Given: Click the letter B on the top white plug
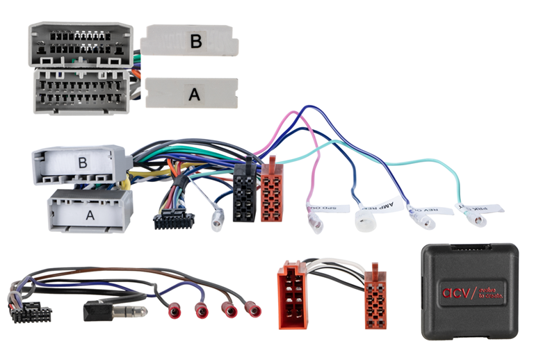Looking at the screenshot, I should (196, 42).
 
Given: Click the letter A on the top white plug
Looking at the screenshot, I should (195, 95).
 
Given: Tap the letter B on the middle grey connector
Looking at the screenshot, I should (83, 163).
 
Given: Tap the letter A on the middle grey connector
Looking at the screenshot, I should (89, 215).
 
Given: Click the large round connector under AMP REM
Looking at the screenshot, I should (365, 221).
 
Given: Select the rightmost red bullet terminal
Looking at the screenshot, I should (255, 310).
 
